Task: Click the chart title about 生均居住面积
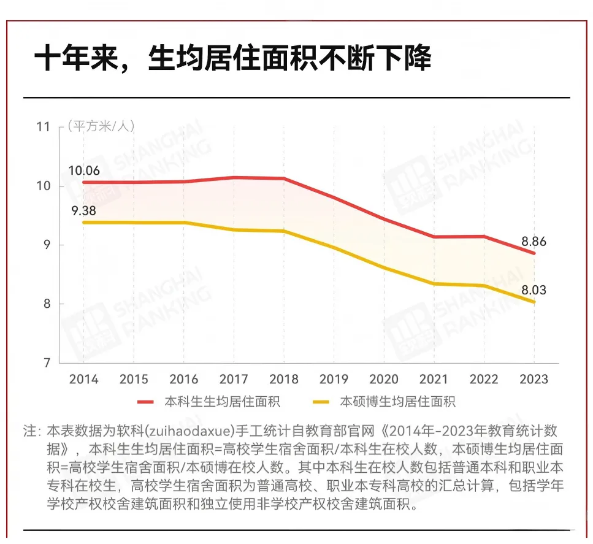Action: point(234,59)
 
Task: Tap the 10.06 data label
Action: point(83,170)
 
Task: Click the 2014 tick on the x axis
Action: point(83,379)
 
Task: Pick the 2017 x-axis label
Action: point(234,379)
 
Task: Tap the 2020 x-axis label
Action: point(383,379)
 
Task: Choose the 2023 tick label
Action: point(534,379)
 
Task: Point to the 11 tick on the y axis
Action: point(43,127)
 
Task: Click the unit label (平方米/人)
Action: point(101,126)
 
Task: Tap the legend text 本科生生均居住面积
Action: point(222,402)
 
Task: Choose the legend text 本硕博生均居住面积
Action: point(398,402)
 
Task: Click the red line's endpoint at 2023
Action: point(534,253)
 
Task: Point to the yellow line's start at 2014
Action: point(83,222)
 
